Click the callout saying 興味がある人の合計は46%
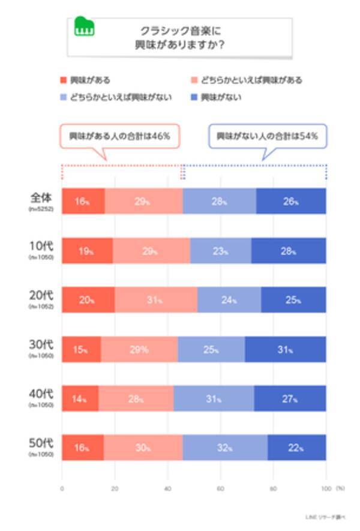(x=116, y=136)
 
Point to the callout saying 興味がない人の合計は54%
(x=267, y=136)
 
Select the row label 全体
(x=42, y=199)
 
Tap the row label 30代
(x=42, y=347)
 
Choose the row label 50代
(x=42, y=446)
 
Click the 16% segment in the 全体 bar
(x=83, y=202)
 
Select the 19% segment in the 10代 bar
(x=87, y=251)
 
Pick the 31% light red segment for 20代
(x=155, y=301)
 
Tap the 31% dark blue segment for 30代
(x=286, y=350)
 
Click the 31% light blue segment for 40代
(x=214, y=399)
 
